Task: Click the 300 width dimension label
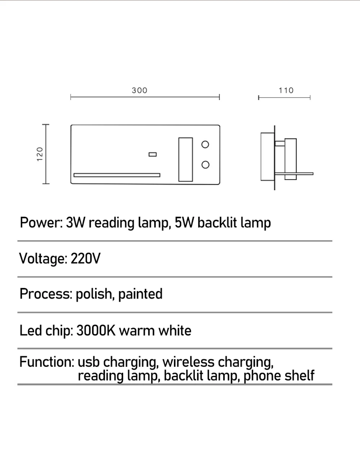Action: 139,90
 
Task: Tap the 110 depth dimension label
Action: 286,90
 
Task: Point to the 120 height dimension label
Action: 40,154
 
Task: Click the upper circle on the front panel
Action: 205,145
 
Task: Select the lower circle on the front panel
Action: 205,165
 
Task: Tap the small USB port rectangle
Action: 153,154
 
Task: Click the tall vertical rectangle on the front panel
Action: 185,159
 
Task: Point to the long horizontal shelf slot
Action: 117,175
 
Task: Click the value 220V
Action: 86,259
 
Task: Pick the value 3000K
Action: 95,331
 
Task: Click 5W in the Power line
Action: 184,223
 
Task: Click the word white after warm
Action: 175,331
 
